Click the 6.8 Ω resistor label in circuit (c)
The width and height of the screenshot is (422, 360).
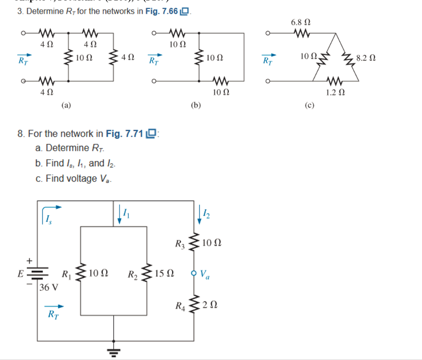coord(300,22)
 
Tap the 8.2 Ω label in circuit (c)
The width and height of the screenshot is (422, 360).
coord(366,58)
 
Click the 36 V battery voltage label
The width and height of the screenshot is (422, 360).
coord(49,287)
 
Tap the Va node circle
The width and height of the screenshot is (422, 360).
coord(194,273)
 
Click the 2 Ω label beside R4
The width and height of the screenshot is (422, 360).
coord(209,306)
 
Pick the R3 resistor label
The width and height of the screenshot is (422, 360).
coord(180,244)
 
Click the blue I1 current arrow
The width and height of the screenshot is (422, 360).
coord(120,215)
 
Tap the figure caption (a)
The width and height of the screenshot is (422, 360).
coord(66,105)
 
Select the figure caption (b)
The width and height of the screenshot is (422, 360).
coord(196,105)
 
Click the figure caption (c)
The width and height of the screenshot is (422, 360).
coord(309,105)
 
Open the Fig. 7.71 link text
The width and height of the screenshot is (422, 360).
coord(124,134)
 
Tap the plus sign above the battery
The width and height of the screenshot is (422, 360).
coord(29,261)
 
